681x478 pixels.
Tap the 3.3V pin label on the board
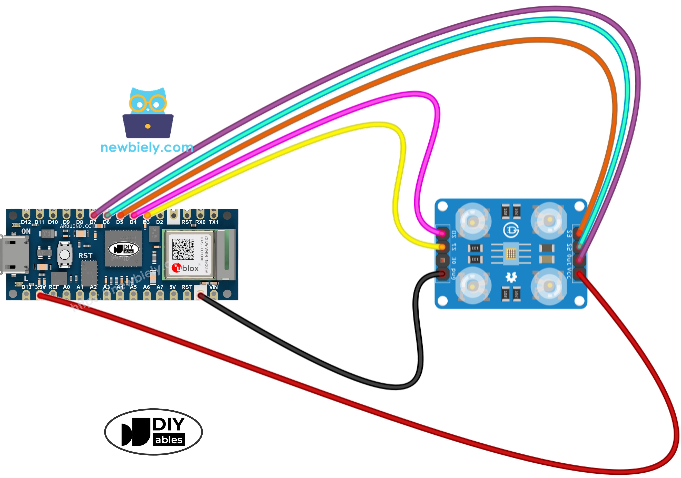pos(40,287)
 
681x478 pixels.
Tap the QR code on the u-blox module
pos(183,249)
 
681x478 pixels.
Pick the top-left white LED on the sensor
pos(473,221)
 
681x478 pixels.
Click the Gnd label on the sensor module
pos(453,274)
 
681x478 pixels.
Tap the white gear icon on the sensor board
pos(511,277)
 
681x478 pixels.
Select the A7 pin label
pos(160,287)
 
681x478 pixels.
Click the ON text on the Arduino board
pos(26,231)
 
